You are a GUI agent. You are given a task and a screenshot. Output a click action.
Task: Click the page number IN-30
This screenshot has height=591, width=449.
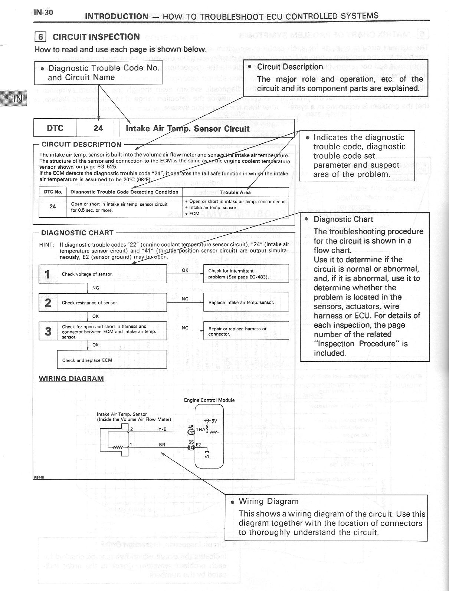pyautogui.click(x=43, y=13)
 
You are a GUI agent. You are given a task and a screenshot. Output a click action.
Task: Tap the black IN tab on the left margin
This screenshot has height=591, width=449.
pyautogui.click(x=17, y=98)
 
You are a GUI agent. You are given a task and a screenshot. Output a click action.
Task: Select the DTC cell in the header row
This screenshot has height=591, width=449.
pyautogui.click(x=55, y=128)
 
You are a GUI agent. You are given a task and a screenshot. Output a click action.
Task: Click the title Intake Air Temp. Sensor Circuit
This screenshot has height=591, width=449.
pyautogui.click(x=187, y=129)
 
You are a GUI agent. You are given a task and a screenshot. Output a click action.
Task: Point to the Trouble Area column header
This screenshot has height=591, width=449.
pyautogui.click(x=235, y=192)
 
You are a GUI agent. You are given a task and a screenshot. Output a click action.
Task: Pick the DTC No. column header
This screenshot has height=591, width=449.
pyautogui.click(x=53, y=192)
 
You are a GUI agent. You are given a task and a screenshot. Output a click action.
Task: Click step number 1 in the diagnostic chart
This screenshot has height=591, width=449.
pyautogui.click(x=48, y=274)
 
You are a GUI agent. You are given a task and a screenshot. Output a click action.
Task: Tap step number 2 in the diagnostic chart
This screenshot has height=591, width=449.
pyautogui.click(x=48, y=303)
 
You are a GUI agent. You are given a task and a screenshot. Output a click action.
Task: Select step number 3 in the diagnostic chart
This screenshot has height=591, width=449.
pyautogui.click(x=48, y=331)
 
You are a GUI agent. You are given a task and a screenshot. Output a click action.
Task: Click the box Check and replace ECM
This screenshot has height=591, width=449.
pyautogui.click(x=112, y=360)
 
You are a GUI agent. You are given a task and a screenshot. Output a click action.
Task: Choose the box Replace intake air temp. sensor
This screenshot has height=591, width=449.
pyautogui.click(x=246, y=303)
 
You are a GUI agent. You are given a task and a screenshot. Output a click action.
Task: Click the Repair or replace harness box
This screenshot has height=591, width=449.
pyautogui.click(x=246, y=331)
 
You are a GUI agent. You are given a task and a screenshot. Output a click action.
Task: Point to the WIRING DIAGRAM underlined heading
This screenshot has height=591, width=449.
pyautogui.click(x=71, y=379)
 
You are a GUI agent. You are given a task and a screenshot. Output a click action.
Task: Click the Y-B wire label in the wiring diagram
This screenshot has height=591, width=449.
pyautogui.click(x=163, y=429)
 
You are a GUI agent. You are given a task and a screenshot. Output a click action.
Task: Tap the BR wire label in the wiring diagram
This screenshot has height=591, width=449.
pyautogui.click(x=162, y=445)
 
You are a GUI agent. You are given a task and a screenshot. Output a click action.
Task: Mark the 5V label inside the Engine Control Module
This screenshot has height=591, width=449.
pyautogui.click(x=214, y=421)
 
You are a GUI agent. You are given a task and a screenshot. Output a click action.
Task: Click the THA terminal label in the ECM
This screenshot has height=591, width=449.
pyautogui.click(x=200, y=429)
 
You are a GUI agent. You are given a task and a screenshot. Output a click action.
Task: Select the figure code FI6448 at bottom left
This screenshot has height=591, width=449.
pyautogui.click(x=39, y=478)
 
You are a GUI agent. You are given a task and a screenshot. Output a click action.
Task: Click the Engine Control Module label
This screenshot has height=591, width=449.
pyautogui.click(x=209, y=400)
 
